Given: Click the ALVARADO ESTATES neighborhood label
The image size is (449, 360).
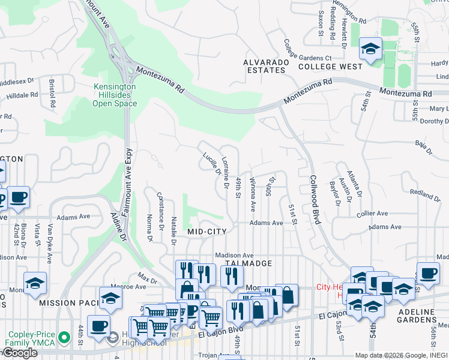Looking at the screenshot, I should pos(264,66).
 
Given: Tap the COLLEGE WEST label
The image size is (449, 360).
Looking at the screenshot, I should pos(330,67).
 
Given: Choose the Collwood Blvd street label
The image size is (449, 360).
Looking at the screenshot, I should pos(315,199).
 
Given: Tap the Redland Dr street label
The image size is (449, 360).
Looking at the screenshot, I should pos(425,194).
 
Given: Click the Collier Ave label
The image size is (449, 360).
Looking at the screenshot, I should pos(373,214).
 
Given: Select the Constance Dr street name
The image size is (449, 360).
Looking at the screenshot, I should pos(161,211).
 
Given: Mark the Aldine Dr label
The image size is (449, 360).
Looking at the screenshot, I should pos(118,226).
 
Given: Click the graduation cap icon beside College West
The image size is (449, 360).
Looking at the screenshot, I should pos(370,48).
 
